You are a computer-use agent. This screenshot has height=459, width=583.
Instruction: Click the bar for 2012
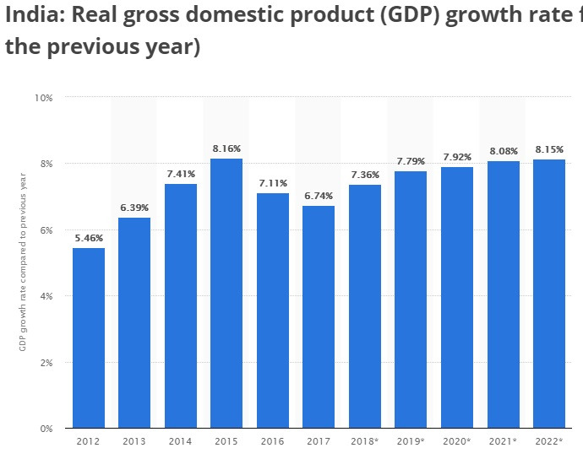89,337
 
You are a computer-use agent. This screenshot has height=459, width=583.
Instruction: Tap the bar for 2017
319,316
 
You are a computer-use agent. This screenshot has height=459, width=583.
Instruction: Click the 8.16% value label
226,148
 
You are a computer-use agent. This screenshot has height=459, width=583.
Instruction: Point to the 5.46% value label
89,238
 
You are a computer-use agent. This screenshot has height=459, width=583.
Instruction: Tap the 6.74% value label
319,196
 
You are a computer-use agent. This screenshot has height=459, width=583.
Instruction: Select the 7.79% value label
411,161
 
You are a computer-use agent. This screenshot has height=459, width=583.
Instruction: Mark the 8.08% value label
503,152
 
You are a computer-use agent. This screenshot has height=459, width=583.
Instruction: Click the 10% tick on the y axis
44,98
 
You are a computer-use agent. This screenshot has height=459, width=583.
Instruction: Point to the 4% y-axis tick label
46,296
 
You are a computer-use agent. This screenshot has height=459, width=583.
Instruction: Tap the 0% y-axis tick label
46,429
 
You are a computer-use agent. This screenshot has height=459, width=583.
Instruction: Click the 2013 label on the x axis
134,441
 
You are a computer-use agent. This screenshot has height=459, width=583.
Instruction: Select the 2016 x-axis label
273,441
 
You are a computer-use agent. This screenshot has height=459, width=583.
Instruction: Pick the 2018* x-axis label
365,441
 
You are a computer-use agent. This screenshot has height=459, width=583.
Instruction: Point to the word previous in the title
117,46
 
